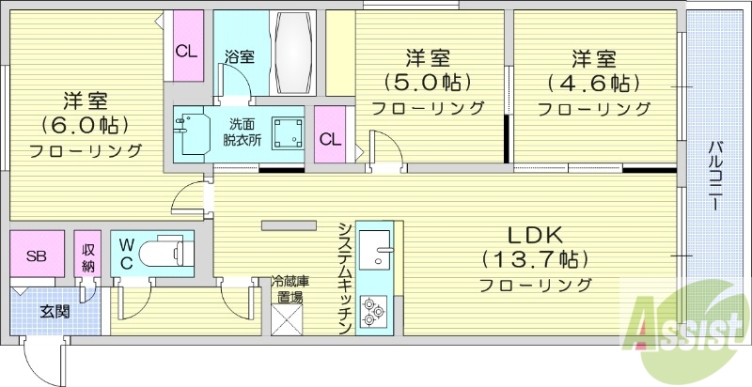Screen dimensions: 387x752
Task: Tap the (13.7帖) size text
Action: coord(534,258)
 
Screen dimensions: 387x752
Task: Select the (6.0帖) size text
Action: coord(85,123)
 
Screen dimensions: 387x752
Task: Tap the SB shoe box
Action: coord(37,255)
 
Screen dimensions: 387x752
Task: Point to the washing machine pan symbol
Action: coord(287,132)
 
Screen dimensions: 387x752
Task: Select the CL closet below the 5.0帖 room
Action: coord(329,139)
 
